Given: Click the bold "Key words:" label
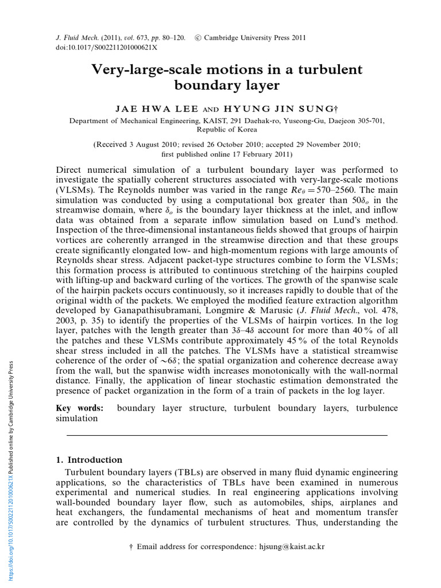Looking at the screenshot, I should (80, 408).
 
